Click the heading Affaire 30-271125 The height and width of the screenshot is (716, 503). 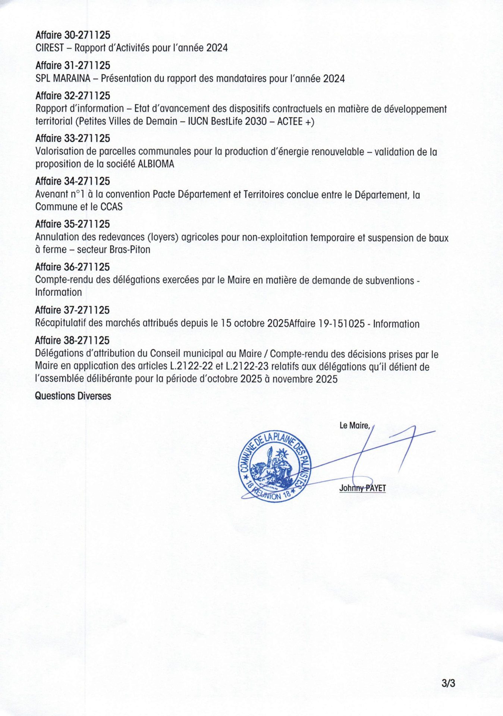tap(73, 35)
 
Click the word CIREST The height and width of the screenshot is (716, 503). tap(50, 48)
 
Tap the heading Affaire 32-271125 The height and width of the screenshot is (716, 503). tap(73, 96)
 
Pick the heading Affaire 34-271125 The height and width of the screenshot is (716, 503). tap(73, 181)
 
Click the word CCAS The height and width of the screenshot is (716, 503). tap(111, 207)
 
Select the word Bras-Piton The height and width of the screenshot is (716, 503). tap(130, 249)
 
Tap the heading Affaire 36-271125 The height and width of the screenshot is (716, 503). tap(73, 267)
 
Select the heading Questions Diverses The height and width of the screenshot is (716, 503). tap(73, 396)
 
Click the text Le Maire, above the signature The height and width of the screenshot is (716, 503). tap(354, 425)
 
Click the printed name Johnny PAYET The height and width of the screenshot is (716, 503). tap(362, 488)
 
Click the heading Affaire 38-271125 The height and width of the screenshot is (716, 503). tap(72, 340)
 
